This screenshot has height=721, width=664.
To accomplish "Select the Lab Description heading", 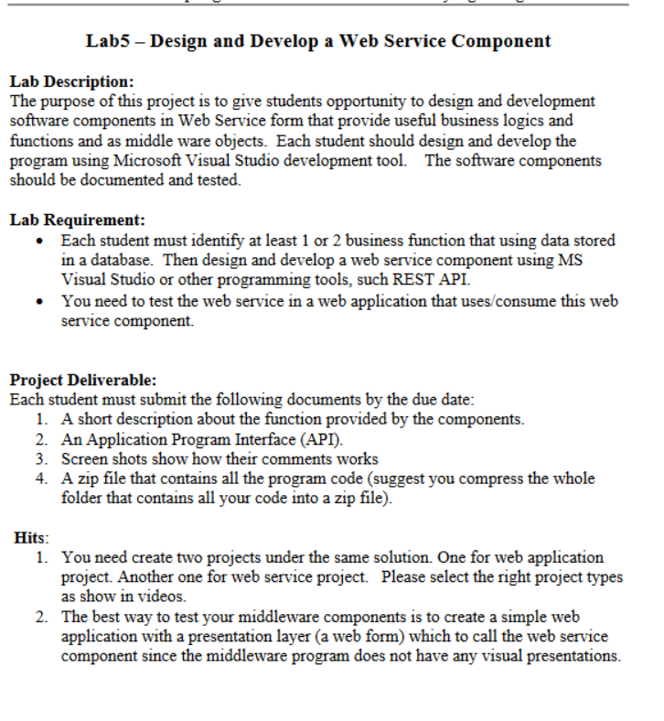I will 72,82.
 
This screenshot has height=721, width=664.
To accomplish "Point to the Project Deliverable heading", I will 83,380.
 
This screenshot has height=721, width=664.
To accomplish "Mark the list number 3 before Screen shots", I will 42,459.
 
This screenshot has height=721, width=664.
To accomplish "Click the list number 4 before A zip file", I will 42,479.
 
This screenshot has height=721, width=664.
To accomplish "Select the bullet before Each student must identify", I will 37,241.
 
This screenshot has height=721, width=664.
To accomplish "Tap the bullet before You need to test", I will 37,301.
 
